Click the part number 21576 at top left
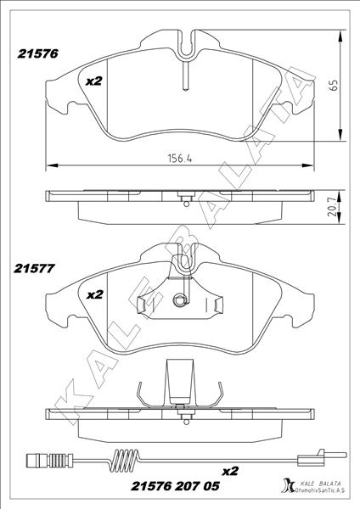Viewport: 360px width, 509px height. tap(37, 53)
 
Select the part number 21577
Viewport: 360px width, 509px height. tap(34, 268)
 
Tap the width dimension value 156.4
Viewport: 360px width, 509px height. tap(180, 158)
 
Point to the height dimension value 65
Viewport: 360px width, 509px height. tap(334, 85)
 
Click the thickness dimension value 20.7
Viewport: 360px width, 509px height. tap(332, 208)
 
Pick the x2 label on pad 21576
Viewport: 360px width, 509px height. tap(94, 81)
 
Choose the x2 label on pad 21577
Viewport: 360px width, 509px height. tap(95, 294)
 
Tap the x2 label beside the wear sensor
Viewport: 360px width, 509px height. tap(230, 471)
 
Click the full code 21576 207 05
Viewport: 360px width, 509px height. tap(176, 486)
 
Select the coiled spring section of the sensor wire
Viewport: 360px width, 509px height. tap(126, 459)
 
